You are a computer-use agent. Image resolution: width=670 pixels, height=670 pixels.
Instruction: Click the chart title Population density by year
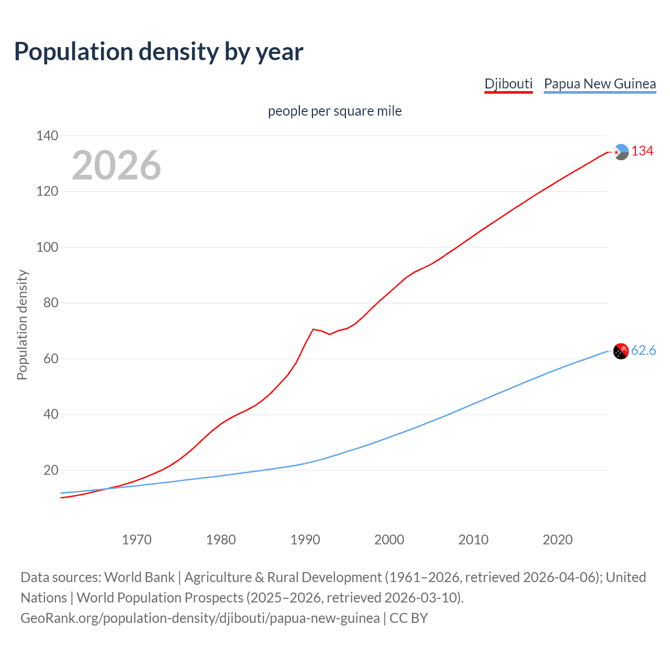(159, 52)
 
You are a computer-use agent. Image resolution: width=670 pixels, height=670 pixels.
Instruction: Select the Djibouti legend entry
(508, 84)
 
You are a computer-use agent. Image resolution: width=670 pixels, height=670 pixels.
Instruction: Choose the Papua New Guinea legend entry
(600, 84)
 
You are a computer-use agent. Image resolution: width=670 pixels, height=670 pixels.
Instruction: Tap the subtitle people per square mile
(335, 111)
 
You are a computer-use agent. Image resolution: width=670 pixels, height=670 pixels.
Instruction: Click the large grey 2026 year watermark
(116, 165)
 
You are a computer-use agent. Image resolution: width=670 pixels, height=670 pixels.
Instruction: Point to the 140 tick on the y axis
(47, 136)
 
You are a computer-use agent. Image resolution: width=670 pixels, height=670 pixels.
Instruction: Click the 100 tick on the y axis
(47, 247)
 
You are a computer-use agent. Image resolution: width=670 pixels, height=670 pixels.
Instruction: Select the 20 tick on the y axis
(51, 470)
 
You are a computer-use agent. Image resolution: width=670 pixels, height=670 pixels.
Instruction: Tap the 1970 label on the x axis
(137, 540)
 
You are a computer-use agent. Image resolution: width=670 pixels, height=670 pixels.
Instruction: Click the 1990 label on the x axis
(305, 540)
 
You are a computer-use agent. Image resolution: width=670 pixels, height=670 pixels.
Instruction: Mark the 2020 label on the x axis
(557, 540)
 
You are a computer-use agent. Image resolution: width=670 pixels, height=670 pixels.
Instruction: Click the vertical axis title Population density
(22, 325)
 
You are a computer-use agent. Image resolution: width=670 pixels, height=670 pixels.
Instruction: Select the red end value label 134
(642, 151)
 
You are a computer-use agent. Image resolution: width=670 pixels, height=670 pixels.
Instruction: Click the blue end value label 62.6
(643, 351)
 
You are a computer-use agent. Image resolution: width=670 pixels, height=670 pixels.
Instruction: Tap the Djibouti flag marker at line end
(621, 152)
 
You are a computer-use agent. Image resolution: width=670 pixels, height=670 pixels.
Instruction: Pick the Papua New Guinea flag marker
(621, 351)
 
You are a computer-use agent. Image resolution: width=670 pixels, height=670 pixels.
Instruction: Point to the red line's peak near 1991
(313, 329)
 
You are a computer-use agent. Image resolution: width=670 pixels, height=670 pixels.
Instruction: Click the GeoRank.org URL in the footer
(200, 618)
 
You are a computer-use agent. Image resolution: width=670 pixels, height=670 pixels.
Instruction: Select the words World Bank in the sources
(139, 577)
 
